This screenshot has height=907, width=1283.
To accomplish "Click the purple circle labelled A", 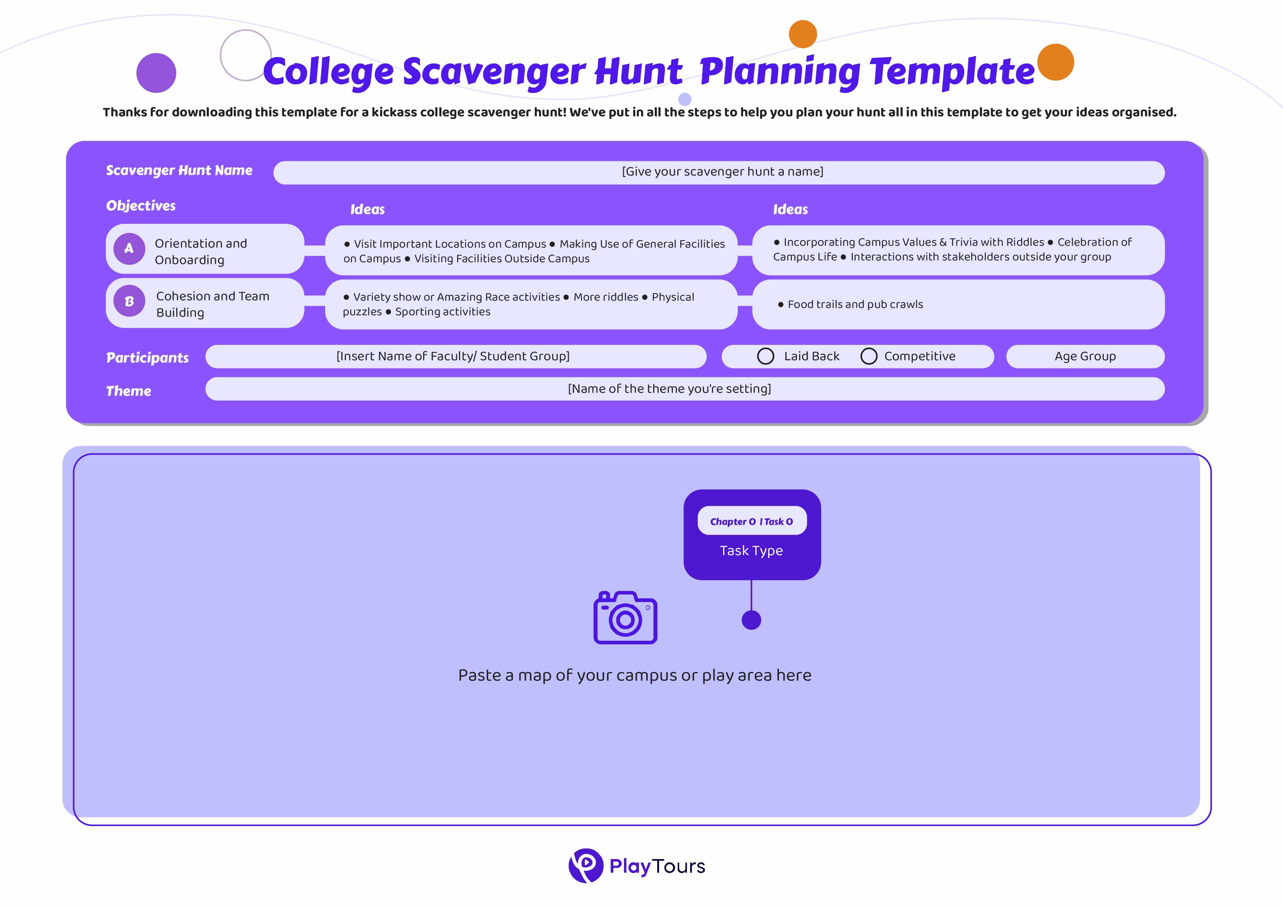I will click(x=129, y=249).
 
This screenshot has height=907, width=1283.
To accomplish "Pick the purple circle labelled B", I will click(x=129, y=302).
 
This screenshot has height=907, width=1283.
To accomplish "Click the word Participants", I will click(x=147, y=358).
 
